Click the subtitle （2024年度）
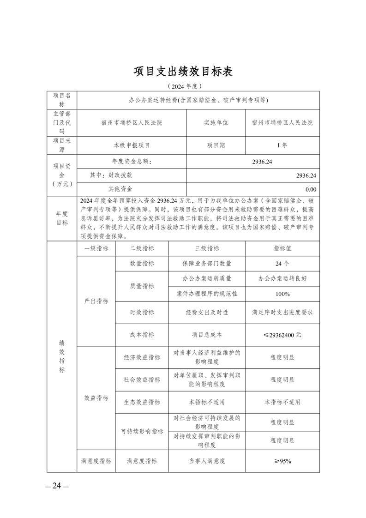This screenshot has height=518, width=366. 183,86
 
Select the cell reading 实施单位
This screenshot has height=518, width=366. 216,123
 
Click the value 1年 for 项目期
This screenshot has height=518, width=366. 282,145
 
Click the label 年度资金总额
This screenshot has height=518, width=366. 132,162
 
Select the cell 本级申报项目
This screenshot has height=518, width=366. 132,145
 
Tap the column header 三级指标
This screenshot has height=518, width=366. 207,248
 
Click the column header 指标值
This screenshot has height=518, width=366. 282,248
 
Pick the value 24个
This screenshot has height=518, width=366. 282,264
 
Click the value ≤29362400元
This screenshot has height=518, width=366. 282,335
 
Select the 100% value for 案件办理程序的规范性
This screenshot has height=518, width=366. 282,294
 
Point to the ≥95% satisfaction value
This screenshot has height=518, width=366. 282,461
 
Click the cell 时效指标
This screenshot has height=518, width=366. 142,313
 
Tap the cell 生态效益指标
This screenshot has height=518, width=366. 142,402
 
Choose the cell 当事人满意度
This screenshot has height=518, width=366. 207,461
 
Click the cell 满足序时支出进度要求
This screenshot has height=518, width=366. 282,313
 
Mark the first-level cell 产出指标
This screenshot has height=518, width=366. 96,301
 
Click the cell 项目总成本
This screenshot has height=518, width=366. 207,335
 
